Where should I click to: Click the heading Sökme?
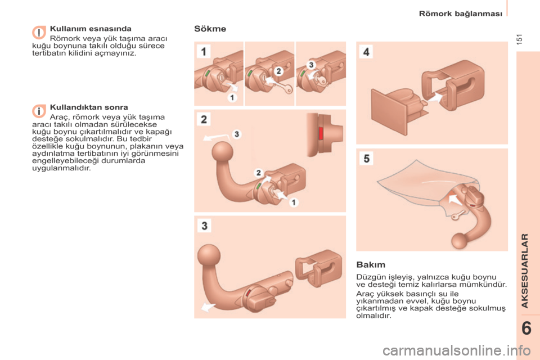(x=210, y=29)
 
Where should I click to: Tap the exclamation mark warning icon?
(x=39, y=33)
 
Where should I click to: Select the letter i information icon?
(x=39, y=111)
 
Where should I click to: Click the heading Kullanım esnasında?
(x=91, y=29)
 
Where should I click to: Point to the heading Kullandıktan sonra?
(x=89, y=107)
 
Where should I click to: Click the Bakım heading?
(x=371, y=264)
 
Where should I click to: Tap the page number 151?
(x=520, y=39)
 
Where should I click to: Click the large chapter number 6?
(x=526, y=328)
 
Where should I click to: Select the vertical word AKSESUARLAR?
(x=524, y=271)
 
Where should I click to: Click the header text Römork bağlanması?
(x=461, y=13)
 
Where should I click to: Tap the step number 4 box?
(x=366, y=52)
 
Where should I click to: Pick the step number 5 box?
(x=366, y=159)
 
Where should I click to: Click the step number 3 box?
(x=204, y=226)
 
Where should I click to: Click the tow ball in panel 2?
(x=223, y=152)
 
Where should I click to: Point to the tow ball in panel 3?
(x=209, y=255)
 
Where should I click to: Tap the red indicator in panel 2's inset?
(x=321, y=133)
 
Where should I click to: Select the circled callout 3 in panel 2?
(x=237, y=134)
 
